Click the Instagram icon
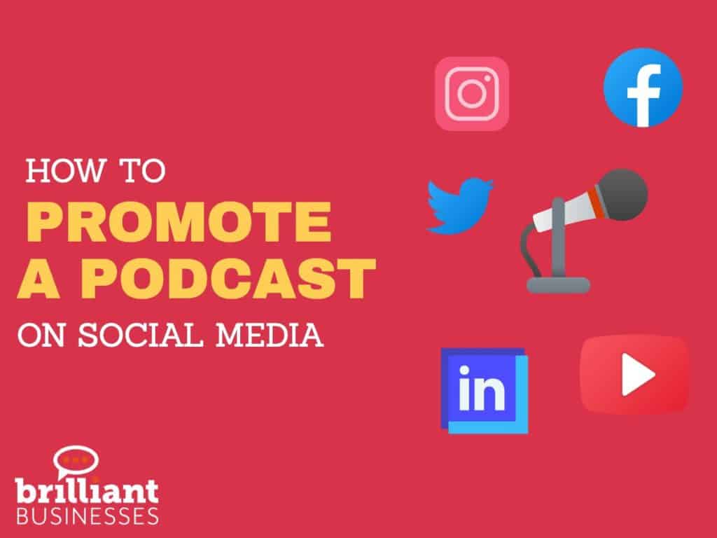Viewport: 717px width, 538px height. pos(471,94)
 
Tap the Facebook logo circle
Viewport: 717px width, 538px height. pos(643,87)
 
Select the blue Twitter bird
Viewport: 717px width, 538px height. pos(459,206)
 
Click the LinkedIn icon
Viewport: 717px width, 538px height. pos(485,390)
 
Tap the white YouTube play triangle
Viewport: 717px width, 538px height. pos(637,375)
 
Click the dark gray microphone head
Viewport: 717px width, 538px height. pos(623,195)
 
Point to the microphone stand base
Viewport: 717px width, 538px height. pos(558,284)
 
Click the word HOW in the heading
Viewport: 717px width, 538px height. pos(65,171)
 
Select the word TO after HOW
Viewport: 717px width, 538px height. pos(142,171)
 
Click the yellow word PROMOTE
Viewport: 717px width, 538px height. pos(179,222)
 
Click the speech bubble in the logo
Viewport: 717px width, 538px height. pos(75,461)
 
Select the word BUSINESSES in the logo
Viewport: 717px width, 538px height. pos(88,515)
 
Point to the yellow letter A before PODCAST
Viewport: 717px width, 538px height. pos(39,277)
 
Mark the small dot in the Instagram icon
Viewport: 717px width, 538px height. pos(487,78)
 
